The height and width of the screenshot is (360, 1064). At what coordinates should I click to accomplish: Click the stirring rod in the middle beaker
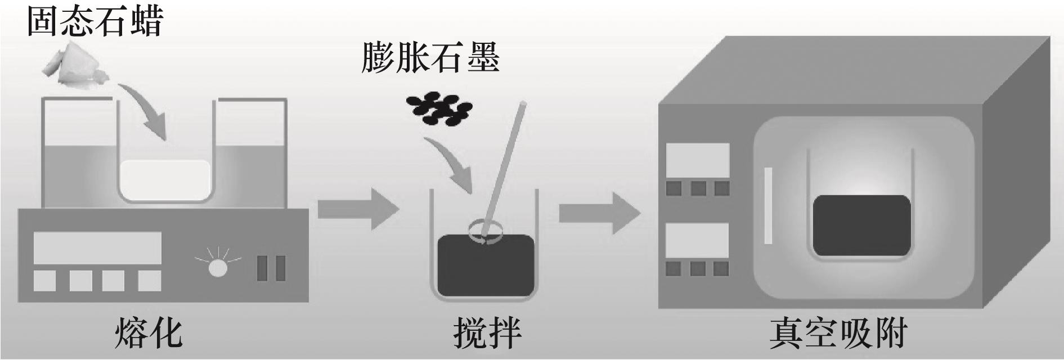click(503, 169)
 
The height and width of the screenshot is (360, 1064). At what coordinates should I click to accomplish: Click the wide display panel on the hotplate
click(97, 247)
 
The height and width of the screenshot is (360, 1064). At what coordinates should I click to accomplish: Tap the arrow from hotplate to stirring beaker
click(357, 209)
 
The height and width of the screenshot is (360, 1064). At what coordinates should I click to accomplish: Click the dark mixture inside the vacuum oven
click(861, 225)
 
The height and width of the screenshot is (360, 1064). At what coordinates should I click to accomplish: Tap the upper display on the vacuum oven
click(697, 160)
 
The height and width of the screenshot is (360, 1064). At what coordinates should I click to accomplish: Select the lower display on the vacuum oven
click(697, 240)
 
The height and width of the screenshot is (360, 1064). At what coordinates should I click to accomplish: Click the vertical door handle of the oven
click(767, 205)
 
